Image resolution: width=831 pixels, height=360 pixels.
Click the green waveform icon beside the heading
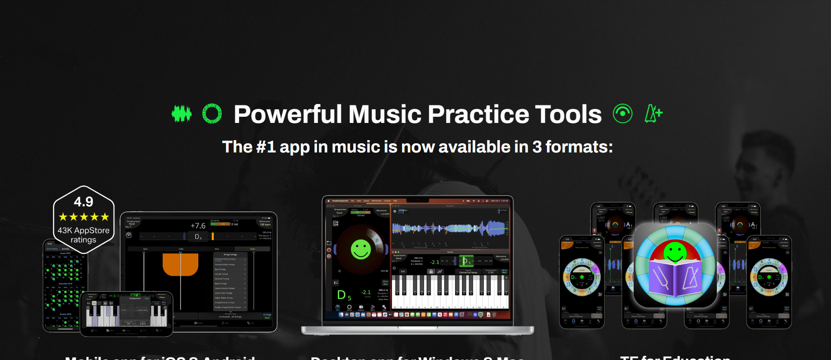pyautogui.click(x=181, y=114)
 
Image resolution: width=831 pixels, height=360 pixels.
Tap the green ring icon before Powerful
pyautogui.click(x=212, y=114)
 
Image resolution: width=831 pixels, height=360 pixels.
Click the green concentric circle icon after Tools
pyautogui.click(x=623, y=114)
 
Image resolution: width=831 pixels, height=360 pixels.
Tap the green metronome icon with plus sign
pyautogui.click(x=654, y=114)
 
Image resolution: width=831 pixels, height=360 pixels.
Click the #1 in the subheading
pyautogui.click(x=266, y=147)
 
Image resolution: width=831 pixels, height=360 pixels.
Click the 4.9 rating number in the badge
pyautogui.click(x=84, y=202)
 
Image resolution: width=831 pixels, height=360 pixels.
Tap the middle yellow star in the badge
pyautogui.click(x=84, y=217)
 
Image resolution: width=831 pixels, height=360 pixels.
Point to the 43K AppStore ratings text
pyautogui.click(x=84, y=235)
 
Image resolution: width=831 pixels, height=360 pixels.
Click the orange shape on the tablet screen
pyautogui.click(x=181, y=264)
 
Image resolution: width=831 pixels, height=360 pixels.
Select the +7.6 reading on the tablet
pyautogui.click(x=198, y=226)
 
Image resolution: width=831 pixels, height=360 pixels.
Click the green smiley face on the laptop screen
pyautogui.click(x=361, y=249)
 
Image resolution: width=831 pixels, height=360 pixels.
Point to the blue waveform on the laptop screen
pyautogui.click(x=449, y=228)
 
